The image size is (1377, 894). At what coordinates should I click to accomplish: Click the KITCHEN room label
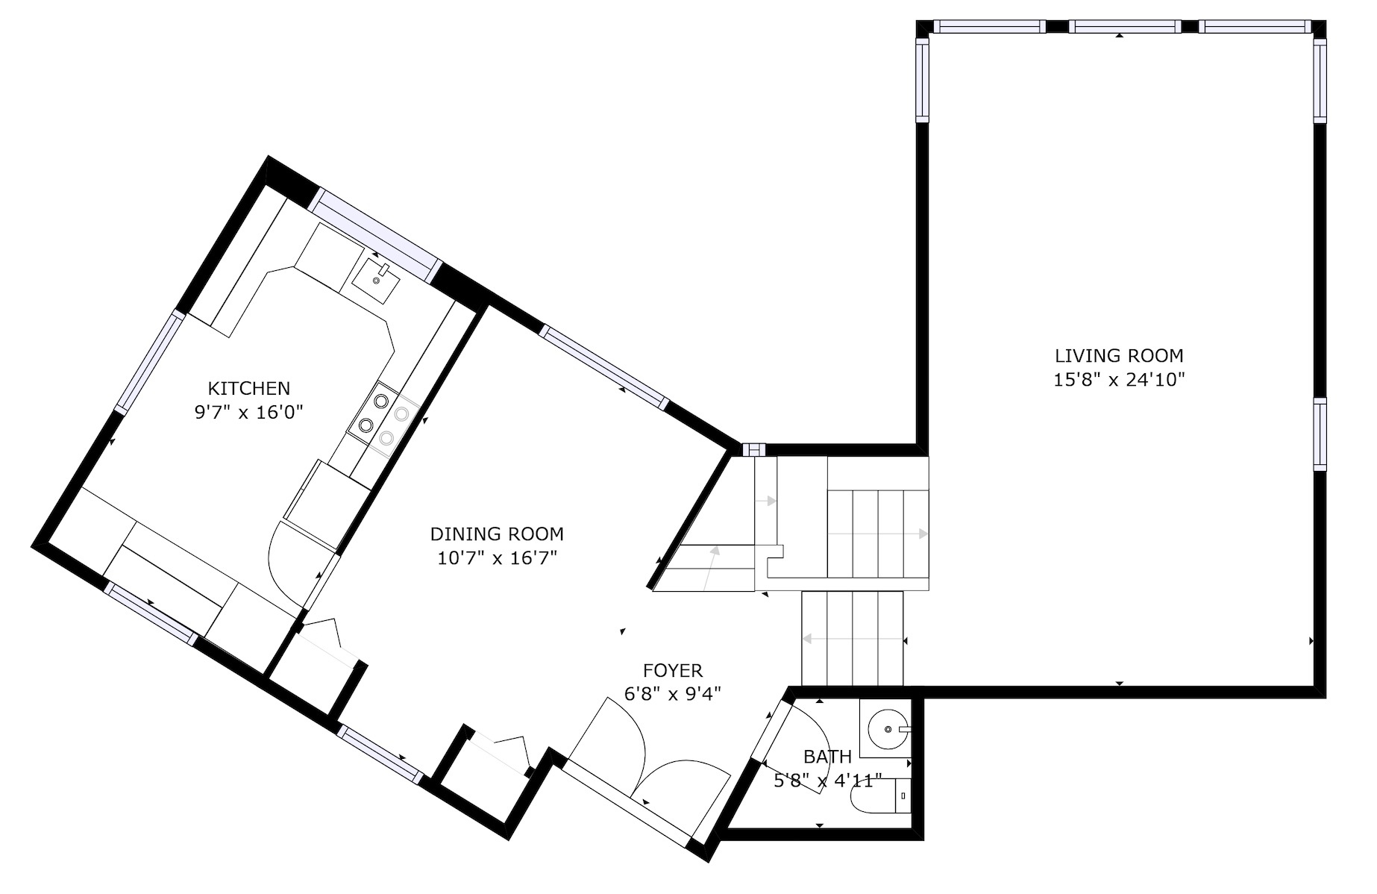tap(248, 388)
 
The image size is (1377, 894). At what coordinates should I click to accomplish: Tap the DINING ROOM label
tap(497, 534)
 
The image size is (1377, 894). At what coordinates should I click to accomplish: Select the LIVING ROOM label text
tap(1119, 356)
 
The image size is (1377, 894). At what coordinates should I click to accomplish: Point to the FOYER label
tap(673, 671)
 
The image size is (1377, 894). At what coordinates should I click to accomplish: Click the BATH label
tap(827, 757)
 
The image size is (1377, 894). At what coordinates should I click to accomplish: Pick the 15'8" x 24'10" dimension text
tap(1119, 380)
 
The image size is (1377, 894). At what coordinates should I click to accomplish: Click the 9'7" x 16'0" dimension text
tap(248, 413)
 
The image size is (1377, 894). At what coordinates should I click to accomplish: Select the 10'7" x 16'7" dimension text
tap(497, 558)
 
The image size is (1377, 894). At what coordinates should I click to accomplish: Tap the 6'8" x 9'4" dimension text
tap(673, 695)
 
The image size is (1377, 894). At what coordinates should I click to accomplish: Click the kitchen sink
tap(377, 278)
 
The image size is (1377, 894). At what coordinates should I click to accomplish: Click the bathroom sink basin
tap(885, 728)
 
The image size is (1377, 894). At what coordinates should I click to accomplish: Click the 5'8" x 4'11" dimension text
tap(827, 781)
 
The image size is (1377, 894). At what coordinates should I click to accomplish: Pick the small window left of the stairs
tap(753, 449)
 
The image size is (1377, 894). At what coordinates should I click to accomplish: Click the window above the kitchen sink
tap(375, 234)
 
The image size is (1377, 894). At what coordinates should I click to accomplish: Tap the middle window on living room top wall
tap(1124, 27)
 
